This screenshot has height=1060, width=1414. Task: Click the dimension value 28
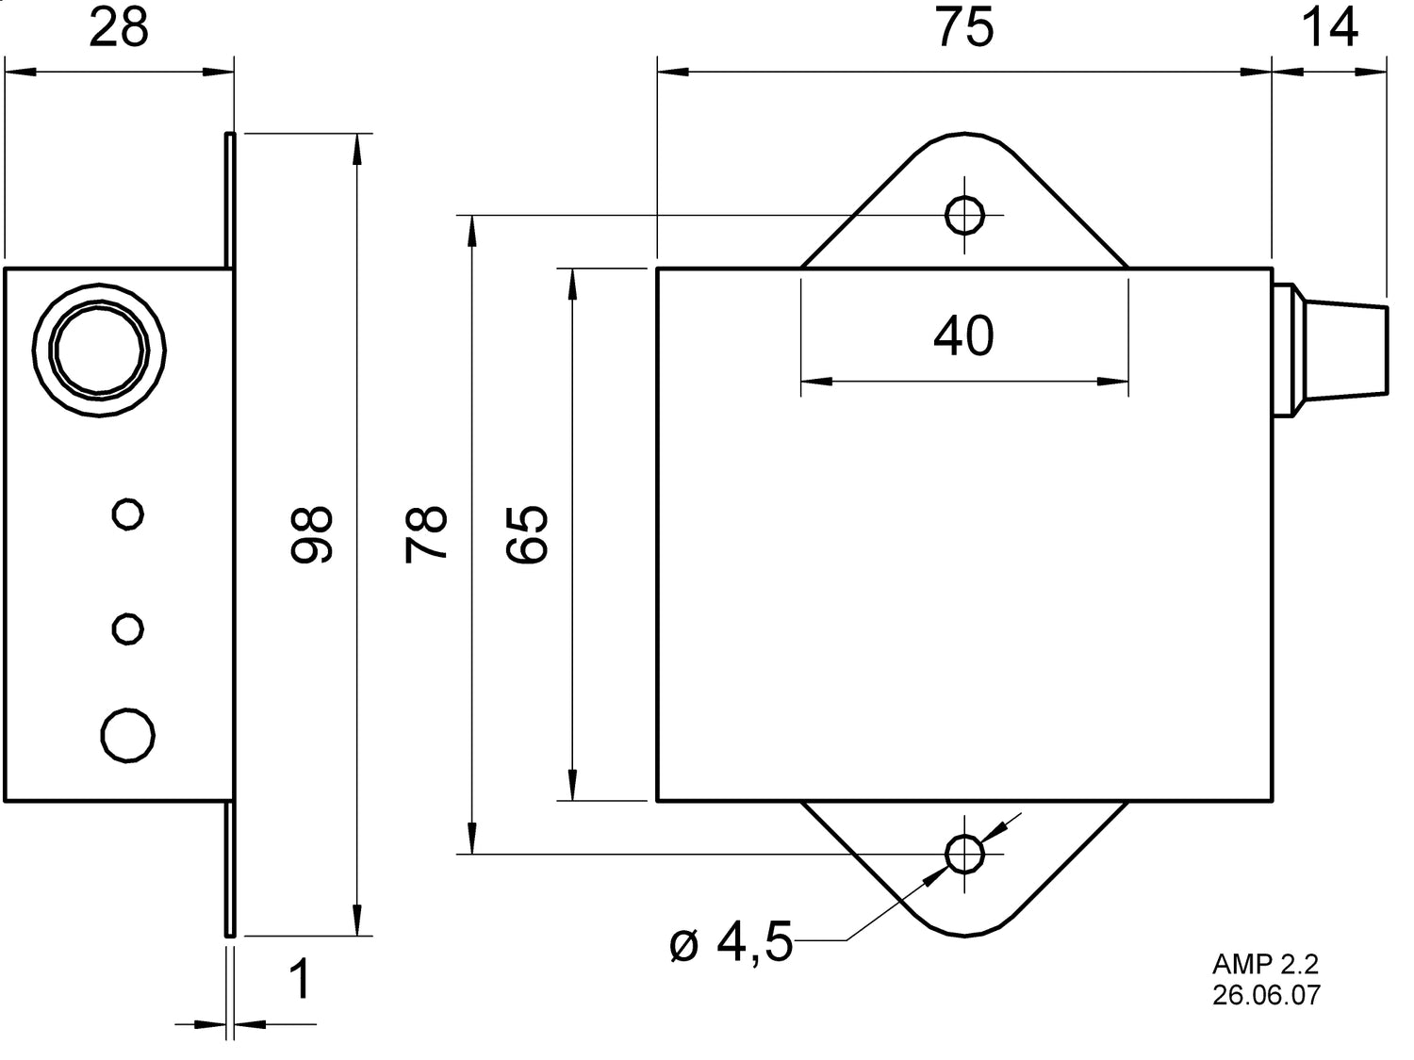click(x=119, y=28)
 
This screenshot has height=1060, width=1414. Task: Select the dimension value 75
click(x=963, y=28)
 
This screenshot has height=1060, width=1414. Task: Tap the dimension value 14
click(x=1329, y=28)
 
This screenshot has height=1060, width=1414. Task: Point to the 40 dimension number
click(x=963, y=336)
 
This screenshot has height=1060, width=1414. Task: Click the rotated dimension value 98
click(x=312, y=534)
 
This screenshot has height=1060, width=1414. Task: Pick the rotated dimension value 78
click(x=426, y=534)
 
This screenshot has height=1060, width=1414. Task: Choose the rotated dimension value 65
click(x=527, y=534)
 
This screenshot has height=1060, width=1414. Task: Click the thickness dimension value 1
click(x=299, y=980)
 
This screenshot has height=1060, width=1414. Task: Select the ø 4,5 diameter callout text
click(x=732, y=943)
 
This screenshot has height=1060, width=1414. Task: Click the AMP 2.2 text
click(x=1265, y=965)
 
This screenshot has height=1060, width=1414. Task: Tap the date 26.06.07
click(x=1266, y=995)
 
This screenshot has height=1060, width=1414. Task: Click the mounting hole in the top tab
click(x=964, y=215)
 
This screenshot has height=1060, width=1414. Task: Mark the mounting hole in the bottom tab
click(x=964, y=854)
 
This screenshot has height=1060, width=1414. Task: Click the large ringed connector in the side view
click(x=100, y=349)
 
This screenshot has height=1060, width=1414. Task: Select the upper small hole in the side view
click(x=127, y=514)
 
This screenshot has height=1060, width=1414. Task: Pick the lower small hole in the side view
click(x=127, y=628)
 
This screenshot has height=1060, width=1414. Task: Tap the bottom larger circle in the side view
click(x=127, y=734)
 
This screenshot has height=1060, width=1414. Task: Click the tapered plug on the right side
click(x=1339, y=349)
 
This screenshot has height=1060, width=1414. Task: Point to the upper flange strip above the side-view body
click(x=229, y=200)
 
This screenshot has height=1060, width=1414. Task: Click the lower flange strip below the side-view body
click(x=229, y=869)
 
